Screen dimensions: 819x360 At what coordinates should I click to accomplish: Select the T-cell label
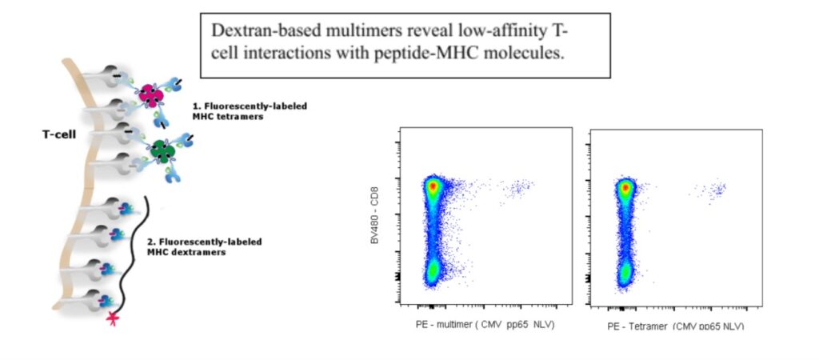59,135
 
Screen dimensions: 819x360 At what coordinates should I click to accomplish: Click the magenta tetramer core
151,96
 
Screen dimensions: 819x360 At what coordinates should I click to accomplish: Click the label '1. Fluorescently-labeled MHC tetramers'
250,110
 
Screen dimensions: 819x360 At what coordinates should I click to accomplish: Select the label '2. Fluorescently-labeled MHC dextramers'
205,246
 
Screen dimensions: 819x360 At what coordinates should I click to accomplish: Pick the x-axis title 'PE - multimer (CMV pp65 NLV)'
484,325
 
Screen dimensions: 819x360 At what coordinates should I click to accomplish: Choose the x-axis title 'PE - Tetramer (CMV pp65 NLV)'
675,326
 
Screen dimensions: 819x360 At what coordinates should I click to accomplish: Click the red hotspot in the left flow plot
433,186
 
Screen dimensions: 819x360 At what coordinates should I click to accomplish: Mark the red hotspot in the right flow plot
625,187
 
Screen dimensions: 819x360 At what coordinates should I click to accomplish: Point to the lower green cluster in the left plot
432,270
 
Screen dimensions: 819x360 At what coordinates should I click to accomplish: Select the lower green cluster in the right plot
625,273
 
